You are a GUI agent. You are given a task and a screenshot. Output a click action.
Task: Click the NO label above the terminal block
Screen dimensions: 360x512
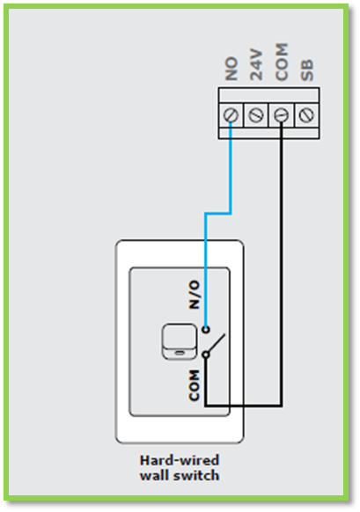click(x=231, y=69)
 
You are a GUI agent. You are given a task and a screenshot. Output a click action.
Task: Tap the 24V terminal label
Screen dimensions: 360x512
click(x=256, y=64)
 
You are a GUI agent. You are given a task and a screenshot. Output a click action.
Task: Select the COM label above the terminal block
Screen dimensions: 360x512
click(x=282, y=62)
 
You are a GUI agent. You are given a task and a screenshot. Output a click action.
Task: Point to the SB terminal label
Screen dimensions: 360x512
click(x=307, y=69)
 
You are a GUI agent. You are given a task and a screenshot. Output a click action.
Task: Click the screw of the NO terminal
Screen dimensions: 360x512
click(x=231, y=115)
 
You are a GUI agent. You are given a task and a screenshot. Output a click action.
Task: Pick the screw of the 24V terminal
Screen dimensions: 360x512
click(x=256, y=115)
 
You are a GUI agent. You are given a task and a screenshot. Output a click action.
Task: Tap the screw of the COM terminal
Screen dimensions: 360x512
click(x=282, y=115)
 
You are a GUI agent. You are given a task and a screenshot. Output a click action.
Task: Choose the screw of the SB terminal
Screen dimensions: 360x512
click(x=306, y=115)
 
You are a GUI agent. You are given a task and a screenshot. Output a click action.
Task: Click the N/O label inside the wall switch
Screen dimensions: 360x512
click(x=194, y=294)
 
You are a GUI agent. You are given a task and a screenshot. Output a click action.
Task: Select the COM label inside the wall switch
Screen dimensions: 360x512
click(x=194, y=385)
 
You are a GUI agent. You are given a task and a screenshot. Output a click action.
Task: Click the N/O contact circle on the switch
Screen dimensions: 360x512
click(x=206, y=329)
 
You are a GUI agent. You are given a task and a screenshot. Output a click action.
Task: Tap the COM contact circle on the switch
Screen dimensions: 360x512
click(x=206, y=355)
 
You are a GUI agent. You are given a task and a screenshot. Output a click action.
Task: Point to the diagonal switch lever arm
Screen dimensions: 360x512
click(x=217, y=343)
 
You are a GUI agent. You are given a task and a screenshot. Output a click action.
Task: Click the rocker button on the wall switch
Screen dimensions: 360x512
click(x=180, y=341)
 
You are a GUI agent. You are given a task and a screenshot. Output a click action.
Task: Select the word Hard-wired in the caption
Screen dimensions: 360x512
click(x=180, y=460)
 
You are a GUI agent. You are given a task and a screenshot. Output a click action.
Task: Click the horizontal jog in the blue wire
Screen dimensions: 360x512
click(x=218, y=214)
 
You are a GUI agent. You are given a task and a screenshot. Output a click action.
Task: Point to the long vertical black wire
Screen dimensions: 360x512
click(x=282, y=265)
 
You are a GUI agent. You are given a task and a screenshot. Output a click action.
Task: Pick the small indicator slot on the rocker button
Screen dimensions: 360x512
click(x=180, y=353)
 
